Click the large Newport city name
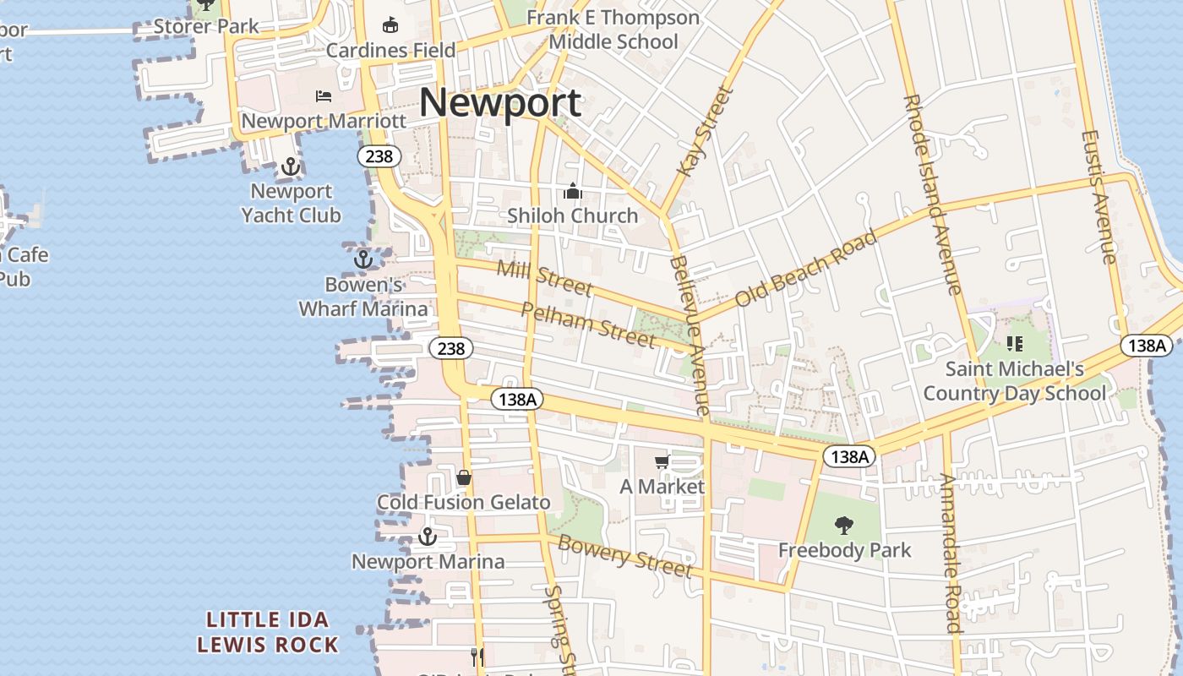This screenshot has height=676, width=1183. (500, 102)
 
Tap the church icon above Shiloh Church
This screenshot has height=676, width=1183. (573, 192)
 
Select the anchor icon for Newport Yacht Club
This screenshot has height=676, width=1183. (291, 166)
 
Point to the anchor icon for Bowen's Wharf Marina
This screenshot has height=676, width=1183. (363, 259)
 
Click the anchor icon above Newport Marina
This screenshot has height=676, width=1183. (428, 537)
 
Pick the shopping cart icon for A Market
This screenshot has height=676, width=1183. (662, 461)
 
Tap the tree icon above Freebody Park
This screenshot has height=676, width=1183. (843, 526)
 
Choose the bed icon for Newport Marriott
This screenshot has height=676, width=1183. (324, 96)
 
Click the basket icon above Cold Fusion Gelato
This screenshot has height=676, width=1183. (464, 477)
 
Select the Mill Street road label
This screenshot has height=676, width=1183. (544, 279)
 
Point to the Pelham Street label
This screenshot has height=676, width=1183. (588, 324)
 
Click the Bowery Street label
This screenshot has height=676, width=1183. (624, 556)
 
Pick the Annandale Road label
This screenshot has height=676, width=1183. (951, 553)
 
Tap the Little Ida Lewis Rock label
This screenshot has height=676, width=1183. (268, 632)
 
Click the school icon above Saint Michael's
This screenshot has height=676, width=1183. (1015, 344)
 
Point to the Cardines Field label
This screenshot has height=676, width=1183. (391, 50)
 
